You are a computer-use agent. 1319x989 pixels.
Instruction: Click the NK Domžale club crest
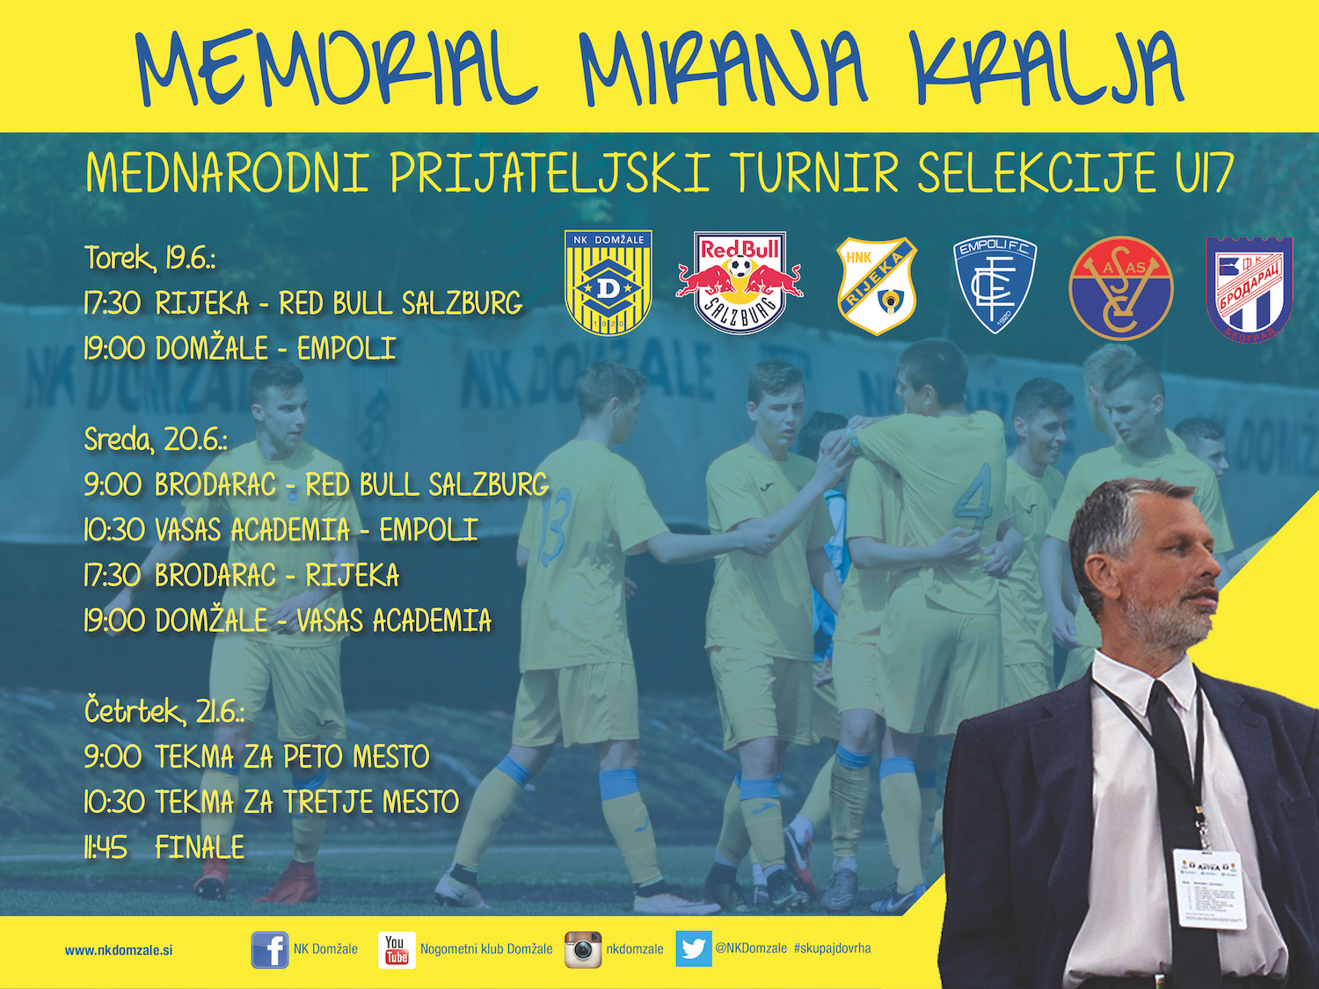608,283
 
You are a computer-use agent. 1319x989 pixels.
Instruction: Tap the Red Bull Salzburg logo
740,283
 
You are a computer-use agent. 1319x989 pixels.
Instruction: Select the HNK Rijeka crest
876,286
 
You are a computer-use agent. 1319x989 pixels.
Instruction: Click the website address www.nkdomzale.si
119,950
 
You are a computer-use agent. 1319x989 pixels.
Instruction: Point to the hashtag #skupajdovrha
832,948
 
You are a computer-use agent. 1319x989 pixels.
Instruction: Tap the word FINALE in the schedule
200,847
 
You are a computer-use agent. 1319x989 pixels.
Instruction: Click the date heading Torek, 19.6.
149,258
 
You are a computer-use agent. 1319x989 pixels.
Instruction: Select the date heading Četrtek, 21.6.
164,711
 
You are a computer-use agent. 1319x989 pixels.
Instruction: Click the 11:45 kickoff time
106,847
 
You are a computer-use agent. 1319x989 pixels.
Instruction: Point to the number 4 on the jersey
973,498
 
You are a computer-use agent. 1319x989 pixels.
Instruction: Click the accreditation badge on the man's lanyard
1212,888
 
